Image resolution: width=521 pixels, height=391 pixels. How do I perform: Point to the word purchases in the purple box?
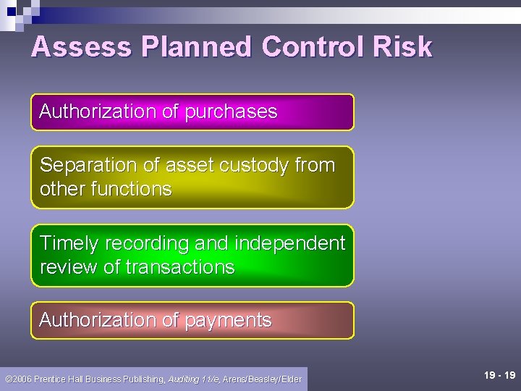(x=231, y=112)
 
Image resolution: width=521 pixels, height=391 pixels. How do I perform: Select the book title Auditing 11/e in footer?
(x=193, y=379)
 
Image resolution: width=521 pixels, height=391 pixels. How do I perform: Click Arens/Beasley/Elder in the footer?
(x=262, y=379)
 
